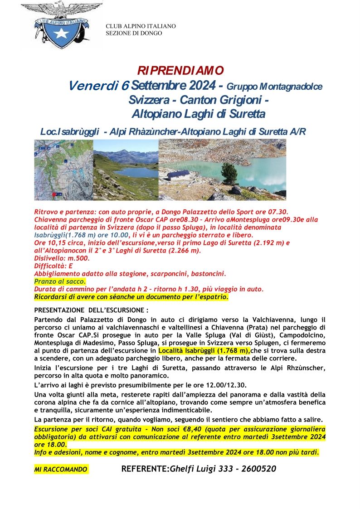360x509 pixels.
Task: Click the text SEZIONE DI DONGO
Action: coord(134,33)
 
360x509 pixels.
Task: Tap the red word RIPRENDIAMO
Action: coord(180,71)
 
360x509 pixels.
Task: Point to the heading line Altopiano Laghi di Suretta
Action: coord(197,113)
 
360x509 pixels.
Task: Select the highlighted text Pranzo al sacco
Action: coord(60,281)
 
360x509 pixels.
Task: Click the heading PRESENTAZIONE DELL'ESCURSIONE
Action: coord(91,311)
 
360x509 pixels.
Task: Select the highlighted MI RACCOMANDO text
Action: coord(61,470)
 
